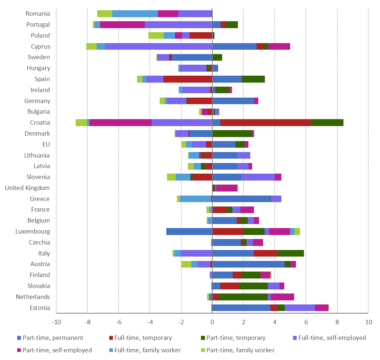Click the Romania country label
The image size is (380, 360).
point(38,14)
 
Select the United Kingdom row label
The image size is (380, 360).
point(27,188)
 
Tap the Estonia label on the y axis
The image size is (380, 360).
point(40,308)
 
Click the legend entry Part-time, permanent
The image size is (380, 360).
point(53,338)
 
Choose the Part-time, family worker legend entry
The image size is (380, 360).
point(240,350)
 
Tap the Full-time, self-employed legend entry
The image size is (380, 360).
point(332,338)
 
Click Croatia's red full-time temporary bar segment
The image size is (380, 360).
point(266,123)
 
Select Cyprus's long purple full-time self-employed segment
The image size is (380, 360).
point(158,46)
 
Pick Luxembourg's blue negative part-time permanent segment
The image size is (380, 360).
point(189,231)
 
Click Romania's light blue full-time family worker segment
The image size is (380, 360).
point(135,14)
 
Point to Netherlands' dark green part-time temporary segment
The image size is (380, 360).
point(243,297)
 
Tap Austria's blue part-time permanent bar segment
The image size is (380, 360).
point(248,264)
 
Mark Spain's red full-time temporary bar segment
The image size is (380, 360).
point(187,79)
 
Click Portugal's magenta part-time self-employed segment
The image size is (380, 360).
point(122,25)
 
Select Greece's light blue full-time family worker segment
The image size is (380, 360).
point(195,199)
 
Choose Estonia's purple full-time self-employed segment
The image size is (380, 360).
point(300,308)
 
